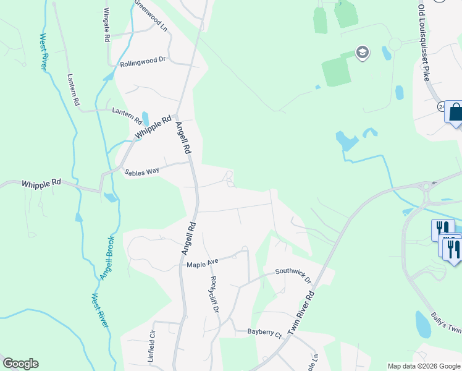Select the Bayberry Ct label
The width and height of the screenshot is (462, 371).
coord(264,334)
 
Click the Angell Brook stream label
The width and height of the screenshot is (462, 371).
coord(107,257)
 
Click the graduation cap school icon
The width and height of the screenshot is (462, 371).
coord(363,53)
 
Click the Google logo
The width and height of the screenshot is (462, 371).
coord(20,364)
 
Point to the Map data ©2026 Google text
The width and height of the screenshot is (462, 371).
coord(423,366)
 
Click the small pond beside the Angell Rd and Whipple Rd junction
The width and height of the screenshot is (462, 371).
coord(145,117)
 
